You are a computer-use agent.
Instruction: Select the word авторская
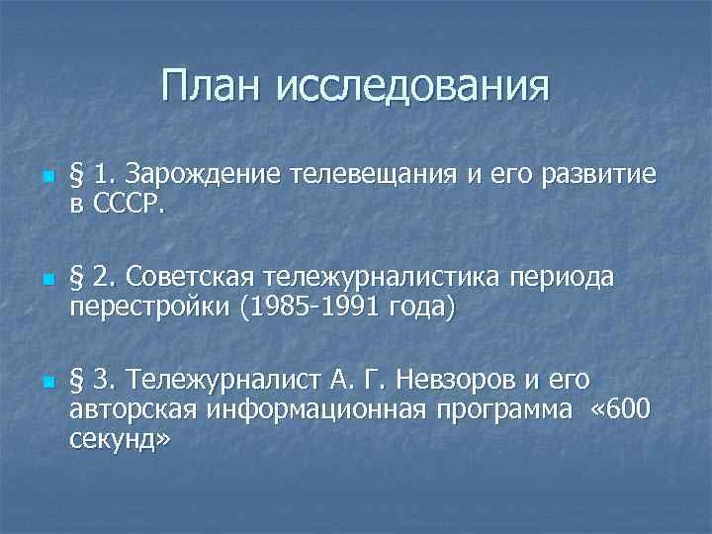point(133,408)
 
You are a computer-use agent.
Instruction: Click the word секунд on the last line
point(109,438)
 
